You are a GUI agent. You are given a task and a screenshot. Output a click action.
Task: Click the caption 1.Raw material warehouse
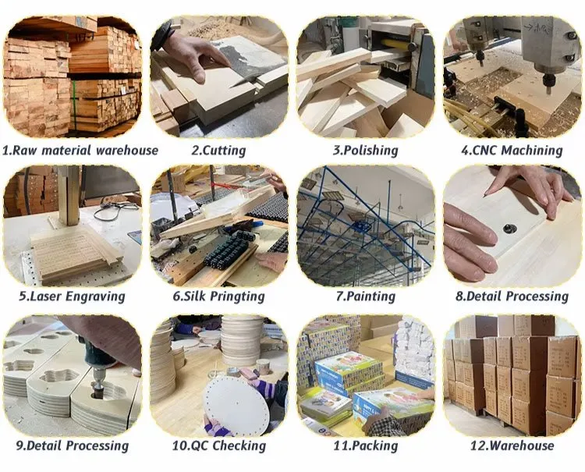[80, 150]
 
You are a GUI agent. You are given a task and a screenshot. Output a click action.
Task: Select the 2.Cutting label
[218, 150]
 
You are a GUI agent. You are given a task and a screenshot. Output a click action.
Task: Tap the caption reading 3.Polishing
[365, 150]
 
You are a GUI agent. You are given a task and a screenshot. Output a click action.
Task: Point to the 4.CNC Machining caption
[511, 150]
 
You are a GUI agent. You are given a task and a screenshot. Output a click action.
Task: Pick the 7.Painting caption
[365, 296]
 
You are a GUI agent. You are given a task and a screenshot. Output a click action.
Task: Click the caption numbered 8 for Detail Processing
[511, 296]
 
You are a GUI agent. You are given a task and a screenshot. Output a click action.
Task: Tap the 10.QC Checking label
[218, 445]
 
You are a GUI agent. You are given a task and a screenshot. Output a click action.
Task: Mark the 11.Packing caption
[365, 445]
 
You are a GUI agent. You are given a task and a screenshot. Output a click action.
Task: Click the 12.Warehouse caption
[511, 445]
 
